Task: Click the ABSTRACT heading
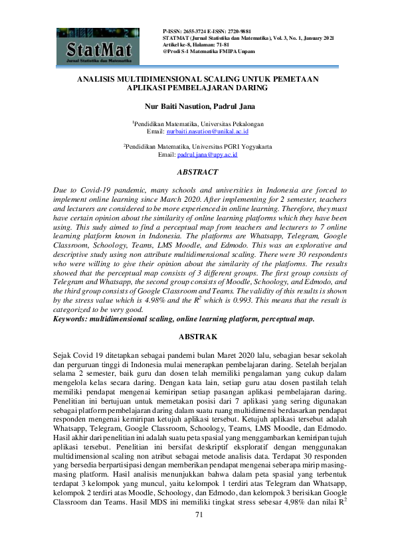(198, 171)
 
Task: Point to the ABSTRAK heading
(198, 337)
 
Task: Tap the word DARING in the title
(250, 87)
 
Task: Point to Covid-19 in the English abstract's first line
(92, 190)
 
